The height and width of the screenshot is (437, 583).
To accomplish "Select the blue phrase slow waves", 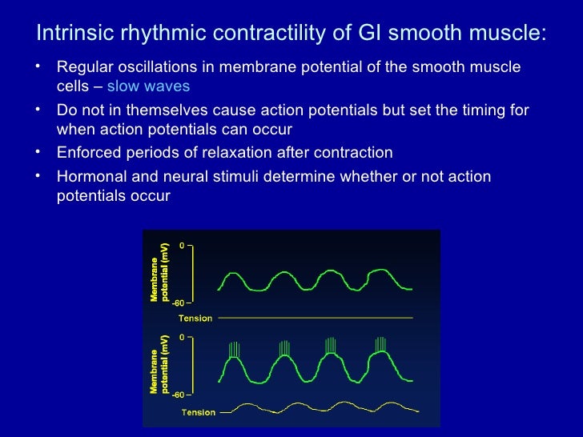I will (148, 86).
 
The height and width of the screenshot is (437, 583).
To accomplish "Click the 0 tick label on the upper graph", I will (182, 247).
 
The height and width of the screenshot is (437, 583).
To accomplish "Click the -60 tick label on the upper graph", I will (179, 303).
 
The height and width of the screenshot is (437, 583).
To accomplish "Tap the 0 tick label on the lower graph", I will (182, 338).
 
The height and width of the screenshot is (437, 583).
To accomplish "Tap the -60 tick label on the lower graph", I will (179, 395).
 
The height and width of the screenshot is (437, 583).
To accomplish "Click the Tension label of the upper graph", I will (195, 319).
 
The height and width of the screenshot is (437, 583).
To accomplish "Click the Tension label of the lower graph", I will (199, 413).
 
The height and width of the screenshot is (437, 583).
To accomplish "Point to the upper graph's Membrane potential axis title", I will (160, 271).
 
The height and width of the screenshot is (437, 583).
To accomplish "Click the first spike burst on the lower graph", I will (234, 350).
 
